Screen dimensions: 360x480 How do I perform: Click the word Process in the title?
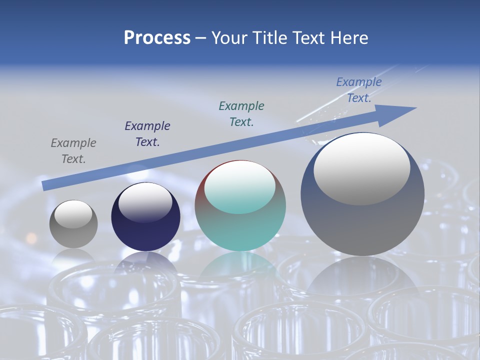(157, 38)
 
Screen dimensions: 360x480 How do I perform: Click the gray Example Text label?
(73, 151)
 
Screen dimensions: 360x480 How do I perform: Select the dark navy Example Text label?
(147, 134)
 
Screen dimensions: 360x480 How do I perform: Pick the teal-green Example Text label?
(241, 113)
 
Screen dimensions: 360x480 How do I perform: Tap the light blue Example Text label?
(358, 90)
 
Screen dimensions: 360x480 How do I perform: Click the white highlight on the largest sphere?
(361, 168)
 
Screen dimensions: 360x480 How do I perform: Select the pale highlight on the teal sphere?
(240, 187)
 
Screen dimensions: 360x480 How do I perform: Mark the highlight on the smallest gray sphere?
(73, 214)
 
